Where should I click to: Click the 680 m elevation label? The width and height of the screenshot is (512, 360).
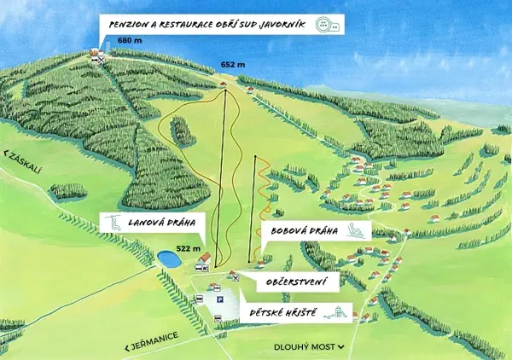click(x=131, y=41)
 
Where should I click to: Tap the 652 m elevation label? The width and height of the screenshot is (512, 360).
click(x=232, y=65)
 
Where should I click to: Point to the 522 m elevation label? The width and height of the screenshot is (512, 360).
click(x=188, y=249)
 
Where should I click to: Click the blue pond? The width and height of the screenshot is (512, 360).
click(x=167, y=258)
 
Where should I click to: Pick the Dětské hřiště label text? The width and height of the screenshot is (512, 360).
click(x=282, y=312)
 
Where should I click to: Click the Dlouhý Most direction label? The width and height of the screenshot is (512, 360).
click(x=304, y=347)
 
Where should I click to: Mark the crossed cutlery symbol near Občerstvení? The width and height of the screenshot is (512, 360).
click(x=236, y=276)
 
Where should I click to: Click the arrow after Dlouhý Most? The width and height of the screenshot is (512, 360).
click(x=341, y=347)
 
